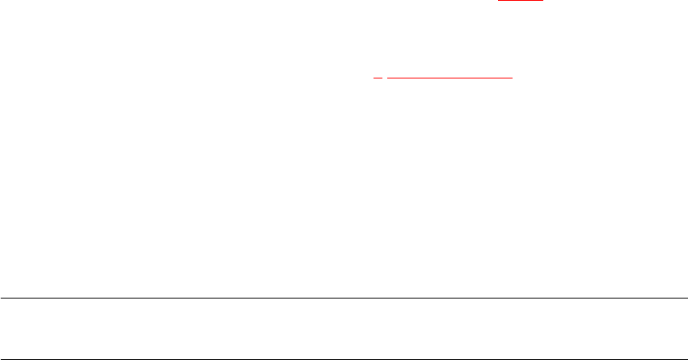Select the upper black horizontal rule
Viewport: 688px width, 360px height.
[344, 299]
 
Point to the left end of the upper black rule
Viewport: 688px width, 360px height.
[1, 299]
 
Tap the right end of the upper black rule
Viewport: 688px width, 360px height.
[686, 299]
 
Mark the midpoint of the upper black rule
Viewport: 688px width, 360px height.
[344, 299]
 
